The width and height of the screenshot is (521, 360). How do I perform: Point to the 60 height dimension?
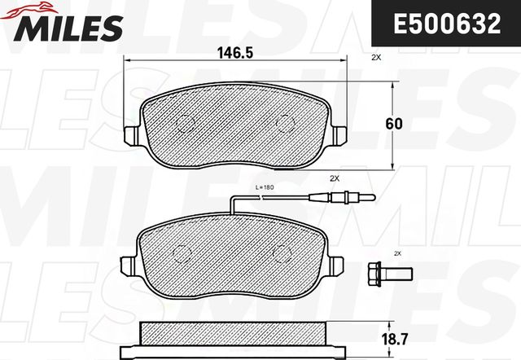(x=394, y=124)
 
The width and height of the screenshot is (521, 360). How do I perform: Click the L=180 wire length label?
(x=265, y=189)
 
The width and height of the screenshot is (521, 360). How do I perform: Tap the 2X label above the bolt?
(x=397, y=254)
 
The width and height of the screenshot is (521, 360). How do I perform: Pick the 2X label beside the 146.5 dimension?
(x=375, y=59)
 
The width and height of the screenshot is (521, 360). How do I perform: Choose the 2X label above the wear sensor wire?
(x=334, y=178)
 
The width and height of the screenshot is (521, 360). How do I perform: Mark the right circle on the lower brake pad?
(x=280, y=252)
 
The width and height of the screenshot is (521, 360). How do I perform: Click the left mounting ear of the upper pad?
(x=131, y=135)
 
